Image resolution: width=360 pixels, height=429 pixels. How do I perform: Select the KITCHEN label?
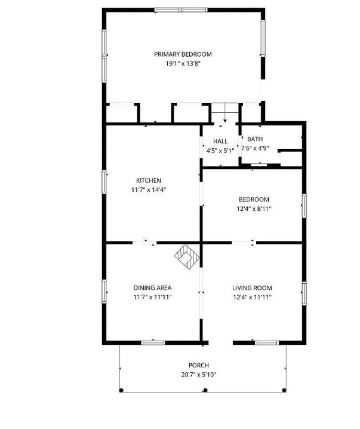(x=149, y=180)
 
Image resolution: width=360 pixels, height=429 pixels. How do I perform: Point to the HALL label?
(x=220, y=142)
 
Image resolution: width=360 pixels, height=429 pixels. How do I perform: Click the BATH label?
(x=254, y=139)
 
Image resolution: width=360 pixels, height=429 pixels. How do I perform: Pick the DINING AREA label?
(x=152, y=288)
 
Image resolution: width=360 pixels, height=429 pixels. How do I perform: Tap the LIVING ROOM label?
(x=252, y=288)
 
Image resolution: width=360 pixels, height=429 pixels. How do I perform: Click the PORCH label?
(x=199, y=366)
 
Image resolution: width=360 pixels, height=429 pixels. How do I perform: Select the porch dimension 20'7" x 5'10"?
(x=199, y=375)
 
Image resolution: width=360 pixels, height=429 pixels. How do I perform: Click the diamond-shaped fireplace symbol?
(x=187, y=258)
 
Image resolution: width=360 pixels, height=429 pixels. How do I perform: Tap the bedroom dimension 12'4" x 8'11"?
(x=254, y=209)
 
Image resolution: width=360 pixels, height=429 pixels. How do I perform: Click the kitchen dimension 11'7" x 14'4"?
(x=149, y=190)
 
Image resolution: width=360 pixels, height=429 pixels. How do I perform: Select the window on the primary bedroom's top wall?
(x=181, y=10)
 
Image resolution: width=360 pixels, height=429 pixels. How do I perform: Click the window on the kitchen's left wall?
(x=104, y=181)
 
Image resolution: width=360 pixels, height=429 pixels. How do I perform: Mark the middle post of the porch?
(x=205, y=390)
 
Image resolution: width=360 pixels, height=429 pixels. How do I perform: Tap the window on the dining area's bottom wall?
(x=153, y=342)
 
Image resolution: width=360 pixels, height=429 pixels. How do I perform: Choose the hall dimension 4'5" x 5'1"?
(x=220, y=151)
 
